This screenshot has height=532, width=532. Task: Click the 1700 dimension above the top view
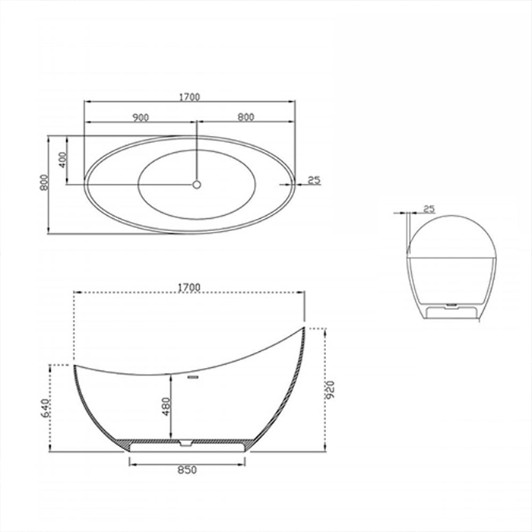(x=188, y=97)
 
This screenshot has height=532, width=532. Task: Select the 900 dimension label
(x=140, y=117)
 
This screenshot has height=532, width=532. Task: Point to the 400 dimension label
(x=62, y=160)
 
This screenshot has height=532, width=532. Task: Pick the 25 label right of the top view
(x=314, y=180)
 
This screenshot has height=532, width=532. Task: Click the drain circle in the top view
(x=196, y=183)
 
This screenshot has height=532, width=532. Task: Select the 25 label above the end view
(x=428, y=208)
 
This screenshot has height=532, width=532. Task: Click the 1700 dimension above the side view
(x=188, y=287)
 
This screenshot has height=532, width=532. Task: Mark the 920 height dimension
(x=329, y=390)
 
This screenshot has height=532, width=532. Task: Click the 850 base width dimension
(x=187, y=470)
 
